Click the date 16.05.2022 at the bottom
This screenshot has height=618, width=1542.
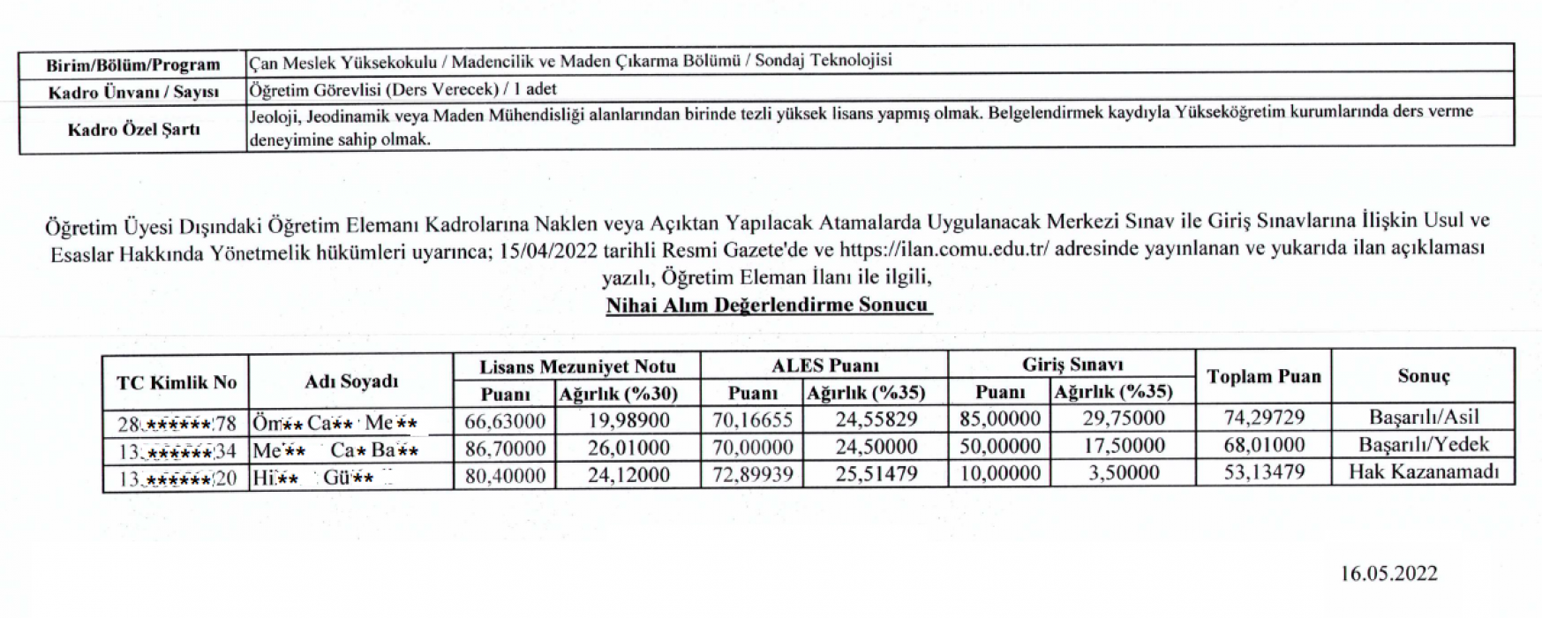point(1388,574)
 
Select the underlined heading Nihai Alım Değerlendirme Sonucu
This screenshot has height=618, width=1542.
point(768,305)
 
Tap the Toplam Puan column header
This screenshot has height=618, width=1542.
point(1263,377)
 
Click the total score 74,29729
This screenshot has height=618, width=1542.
point(1263,418)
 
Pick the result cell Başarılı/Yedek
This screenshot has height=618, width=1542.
point(1423,445)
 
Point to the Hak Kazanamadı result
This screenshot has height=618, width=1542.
point(1423,472)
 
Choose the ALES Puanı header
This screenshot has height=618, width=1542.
point(824,365)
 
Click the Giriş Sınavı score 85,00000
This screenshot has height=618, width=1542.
point(1000,418)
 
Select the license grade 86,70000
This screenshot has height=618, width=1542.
point(505,448)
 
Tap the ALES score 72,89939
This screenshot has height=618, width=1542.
point(752,475)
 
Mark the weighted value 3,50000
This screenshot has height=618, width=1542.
point(1124,473)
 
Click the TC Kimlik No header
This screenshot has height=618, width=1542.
point(176,382)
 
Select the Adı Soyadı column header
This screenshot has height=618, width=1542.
point(350,381)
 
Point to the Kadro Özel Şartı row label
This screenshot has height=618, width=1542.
point(133,130)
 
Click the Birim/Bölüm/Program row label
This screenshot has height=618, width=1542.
point(133,64)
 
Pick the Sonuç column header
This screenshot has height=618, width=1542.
point(1423,376)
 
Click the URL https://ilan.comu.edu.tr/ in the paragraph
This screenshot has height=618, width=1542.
point(944,250)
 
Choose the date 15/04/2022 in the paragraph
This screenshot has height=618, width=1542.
point(548,251)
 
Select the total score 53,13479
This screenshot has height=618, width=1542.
point(1263,472)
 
